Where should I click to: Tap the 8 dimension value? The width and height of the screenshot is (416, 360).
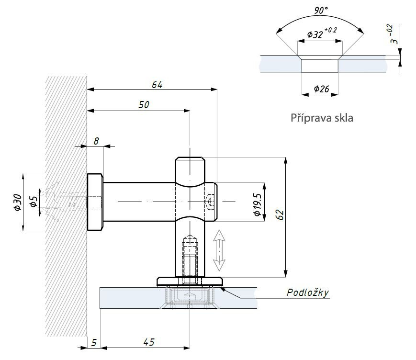[96, 141]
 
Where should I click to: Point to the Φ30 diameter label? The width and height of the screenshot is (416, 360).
[17, 202]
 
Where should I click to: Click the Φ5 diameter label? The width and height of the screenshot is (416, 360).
[33, 202]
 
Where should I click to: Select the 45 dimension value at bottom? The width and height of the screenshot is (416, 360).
[149, 342]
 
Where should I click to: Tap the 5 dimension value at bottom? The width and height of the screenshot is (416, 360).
[94, 342]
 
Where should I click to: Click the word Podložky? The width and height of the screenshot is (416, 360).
[308, 292]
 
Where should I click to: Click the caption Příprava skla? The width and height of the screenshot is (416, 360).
[322, 118]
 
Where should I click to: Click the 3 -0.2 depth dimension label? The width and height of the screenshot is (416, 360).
[394, 37]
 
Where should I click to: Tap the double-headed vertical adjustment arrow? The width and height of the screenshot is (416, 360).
[219, 250]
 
